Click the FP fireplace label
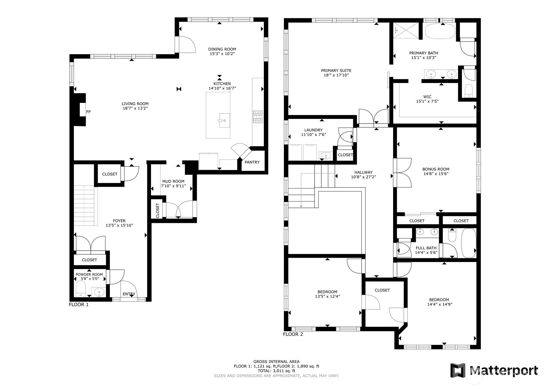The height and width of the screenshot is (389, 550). (88, 112)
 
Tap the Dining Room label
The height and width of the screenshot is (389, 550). (222, 49)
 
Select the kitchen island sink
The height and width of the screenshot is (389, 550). (224, 120)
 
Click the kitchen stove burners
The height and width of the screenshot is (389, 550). (258, 117)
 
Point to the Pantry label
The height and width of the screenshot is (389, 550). (252, 162)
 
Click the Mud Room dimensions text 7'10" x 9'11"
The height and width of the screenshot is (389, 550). (174, 186)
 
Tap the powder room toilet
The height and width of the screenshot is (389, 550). (80, 289)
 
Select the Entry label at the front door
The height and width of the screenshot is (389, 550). (129, 294)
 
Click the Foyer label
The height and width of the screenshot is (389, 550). (119, 221)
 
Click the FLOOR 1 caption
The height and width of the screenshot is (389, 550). (78, 305)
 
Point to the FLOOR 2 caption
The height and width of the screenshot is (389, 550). (293, 334)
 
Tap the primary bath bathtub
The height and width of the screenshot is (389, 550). (440, 31)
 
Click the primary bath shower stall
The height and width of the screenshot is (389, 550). (406, 30)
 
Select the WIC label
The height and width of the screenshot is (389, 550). (427, 97)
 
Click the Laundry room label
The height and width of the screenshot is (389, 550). (314, 130)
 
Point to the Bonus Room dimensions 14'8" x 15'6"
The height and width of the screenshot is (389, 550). (436, 174)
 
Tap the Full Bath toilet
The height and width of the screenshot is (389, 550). (452, 235)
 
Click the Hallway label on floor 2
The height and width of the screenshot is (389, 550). (363, 172)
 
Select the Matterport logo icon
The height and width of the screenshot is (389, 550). (458, 370)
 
